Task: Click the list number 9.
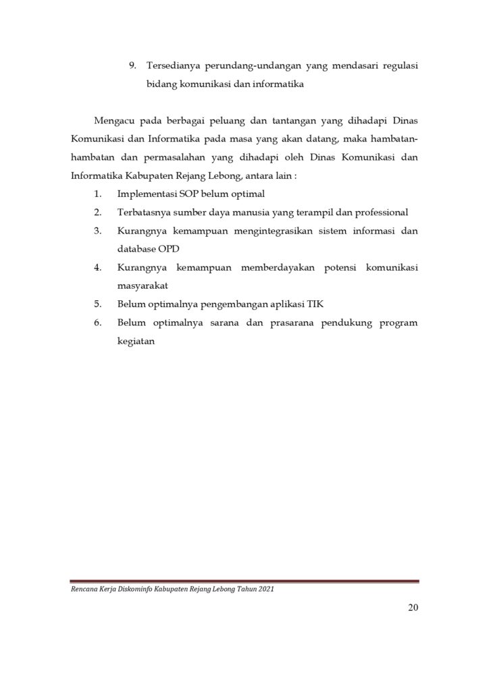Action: (132, 66)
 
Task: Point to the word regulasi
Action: (398, 66)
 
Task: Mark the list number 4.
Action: (98, 267)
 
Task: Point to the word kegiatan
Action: (136, 341)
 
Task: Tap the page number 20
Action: (413, 609)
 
